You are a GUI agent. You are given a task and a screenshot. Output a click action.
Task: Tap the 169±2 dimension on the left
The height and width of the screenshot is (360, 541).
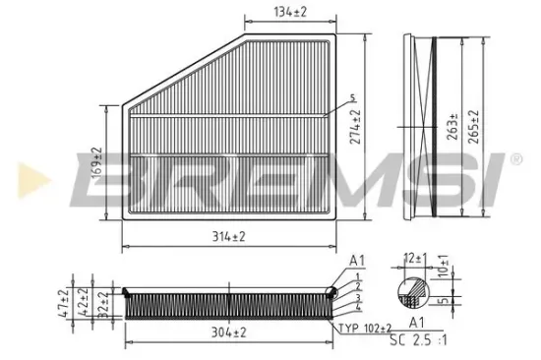click(x=96, y=163)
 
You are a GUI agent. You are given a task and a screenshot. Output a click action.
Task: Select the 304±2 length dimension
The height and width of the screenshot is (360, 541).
click(x=227, y=333)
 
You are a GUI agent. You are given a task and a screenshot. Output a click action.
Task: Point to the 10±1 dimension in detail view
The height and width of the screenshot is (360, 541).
click(x=443, y=266)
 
